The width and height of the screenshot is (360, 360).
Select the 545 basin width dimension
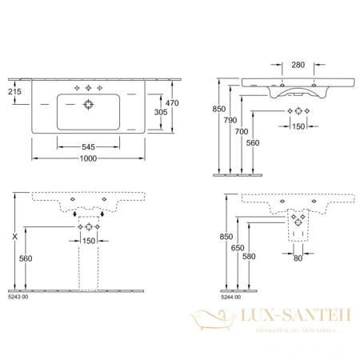pyautogui.click(x=87, y=147)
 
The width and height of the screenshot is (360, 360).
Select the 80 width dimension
pyautogui.click(x=298, y=258)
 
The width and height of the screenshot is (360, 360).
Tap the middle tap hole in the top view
pyautogui.click(x=87, y=87)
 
